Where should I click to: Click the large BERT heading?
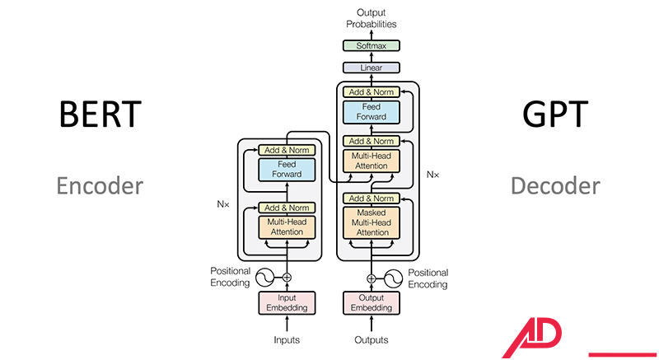[x=100, y=115]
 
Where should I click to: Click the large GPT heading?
[x=554, y=115]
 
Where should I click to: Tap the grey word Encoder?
[x=100, y=185]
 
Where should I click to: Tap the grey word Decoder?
[x=554, y=185]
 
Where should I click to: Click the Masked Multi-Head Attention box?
[x=371, y=222]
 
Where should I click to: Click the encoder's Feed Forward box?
[x=287, y=170]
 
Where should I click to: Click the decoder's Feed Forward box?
[x=371, y=112]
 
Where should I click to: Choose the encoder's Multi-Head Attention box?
[x=287, y=227]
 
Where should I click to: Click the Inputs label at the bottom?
[x=287, y=339]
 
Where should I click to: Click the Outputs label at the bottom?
[x=371, y=339]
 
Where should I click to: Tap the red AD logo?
[x=533, y=337]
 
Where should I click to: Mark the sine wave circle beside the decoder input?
[x=394, y=278]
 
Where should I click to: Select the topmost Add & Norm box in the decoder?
[x=371, y=91]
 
